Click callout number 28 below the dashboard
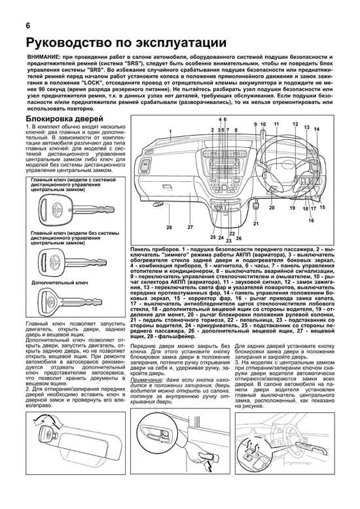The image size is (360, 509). pos(168,227)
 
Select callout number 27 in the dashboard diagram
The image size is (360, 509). pos(190,227)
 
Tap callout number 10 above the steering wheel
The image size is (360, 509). pos(263,124)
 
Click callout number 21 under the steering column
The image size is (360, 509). pos(274,224)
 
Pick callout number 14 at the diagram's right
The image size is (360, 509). pos(317,130)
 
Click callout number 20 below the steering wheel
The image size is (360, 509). pos(272,207)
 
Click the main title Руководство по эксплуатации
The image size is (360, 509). pos(126,43)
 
